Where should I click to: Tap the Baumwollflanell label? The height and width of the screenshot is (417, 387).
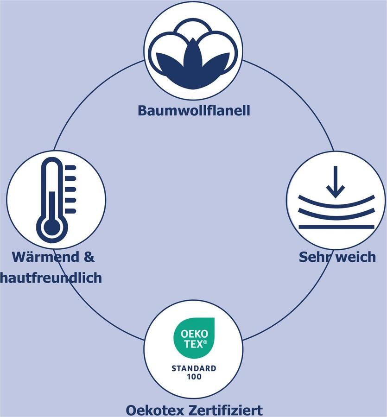point(194,111)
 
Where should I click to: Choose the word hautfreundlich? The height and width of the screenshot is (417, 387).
point(51,278)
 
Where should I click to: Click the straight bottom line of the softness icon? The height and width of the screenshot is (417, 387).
point(336,227)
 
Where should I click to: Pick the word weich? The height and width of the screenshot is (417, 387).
point(355,257)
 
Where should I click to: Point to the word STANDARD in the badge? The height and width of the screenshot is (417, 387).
point(193,369)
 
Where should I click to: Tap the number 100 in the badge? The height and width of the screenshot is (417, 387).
point(193,377)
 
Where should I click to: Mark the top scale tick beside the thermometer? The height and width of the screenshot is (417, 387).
point(70,167)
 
